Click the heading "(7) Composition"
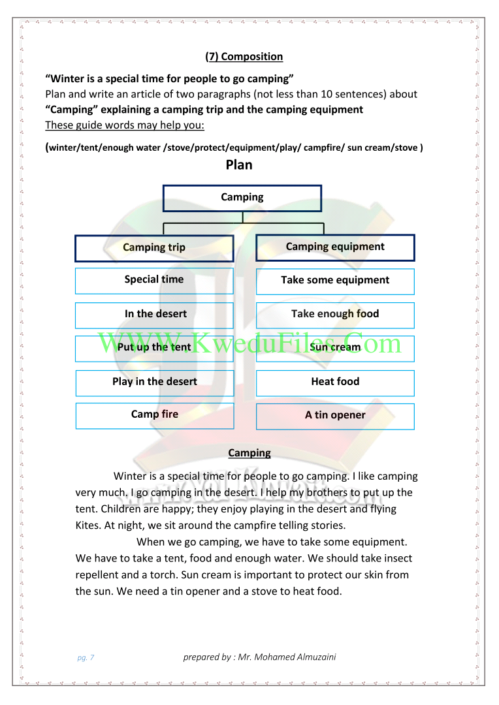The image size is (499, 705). (244, 57)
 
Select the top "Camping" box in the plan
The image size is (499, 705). (242, 198)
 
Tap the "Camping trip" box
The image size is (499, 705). (154, 248)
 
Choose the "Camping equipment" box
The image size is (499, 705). (335, 247)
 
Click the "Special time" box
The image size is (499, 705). (154, 281)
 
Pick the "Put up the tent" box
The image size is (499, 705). (154, 348)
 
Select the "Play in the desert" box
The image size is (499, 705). (154, 383)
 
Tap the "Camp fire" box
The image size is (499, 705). (154, 415)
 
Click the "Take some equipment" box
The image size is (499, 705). (335, 281)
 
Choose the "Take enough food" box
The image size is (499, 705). (335, 315)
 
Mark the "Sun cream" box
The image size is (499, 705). (335, 348)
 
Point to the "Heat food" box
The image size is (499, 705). (335, 383)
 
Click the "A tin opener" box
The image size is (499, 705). (335, 416)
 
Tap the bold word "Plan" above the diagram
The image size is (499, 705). (239, 165)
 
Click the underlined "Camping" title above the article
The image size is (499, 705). (249, 453)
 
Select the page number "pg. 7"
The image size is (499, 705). (86, 658)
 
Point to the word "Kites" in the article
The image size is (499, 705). (88, 525)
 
